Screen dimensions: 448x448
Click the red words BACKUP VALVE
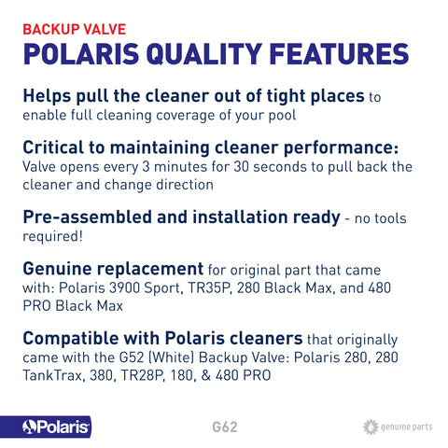(x=75, y=30)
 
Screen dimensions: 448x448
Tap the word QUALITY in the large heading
(x=204, y=54)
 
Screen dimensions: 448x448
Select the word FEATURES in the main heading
(x=339, y=54)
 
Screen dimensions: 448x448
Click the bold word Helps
(x=47, y=96)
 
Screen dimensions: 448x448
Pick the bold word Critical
(x=53, y=147)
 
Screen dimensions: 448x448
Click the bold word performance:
(x=341, y=148)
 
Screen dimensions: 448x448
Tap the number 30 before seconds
(x=242, y=167)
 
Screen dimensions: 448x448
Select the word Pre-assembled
(x=87, y=217)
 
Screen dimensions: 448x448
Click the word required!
(x=53, y=237)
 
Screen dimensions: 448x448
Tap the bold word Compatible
(x=71, y=339)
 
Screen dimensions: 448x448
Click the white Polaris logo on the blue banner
(x=56, y=427)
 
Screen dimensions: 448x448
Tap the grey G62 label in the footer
(x=225, y=427)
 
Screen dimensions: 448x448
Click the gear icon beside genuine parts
(x=371, y=427)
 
